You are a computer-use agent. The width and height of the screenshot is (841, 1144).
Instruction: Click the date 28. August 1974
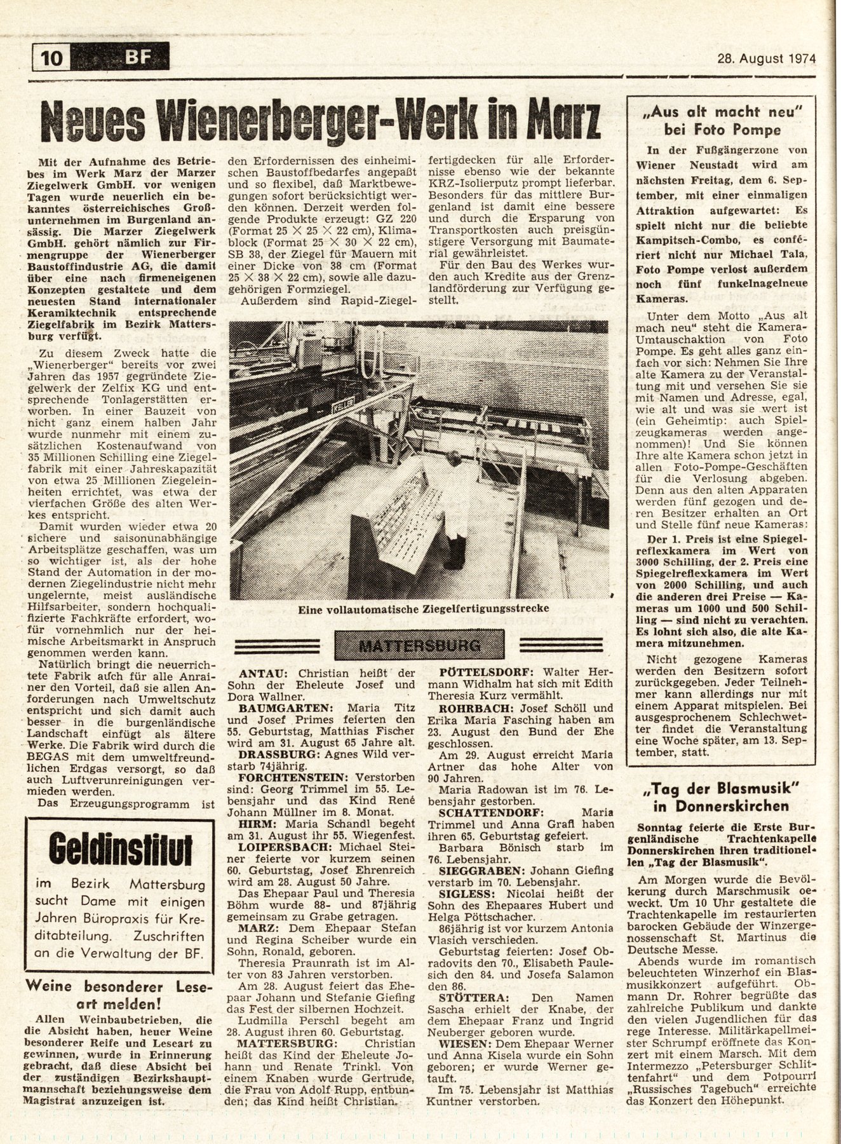tap(762, 59)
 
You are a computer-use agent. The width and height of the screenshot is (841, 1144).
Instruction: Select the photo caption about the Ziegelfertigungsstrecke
tap(423, 609)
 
